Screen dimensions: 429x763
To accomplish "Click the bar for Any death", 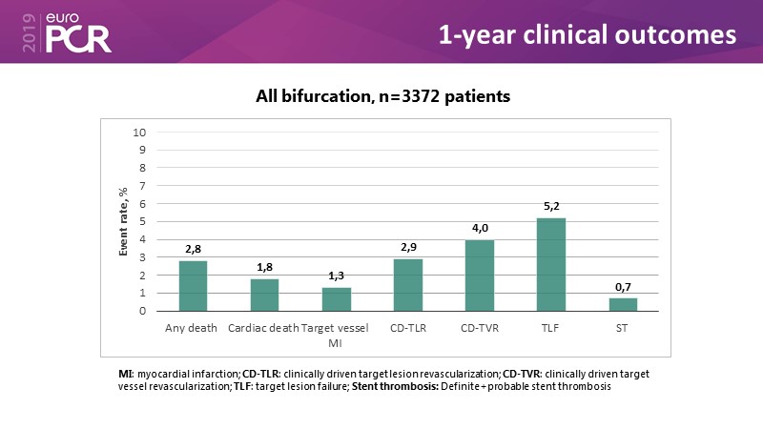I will click(x=193, y=286).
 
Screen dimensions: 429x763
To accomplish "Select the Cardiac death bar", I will click(x=264, y=295).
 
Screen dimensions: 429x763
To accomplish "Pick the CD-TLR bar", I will click(x=408, y=285).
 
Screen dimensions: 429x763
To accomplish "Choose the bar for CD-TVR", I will click(x=480, y=276).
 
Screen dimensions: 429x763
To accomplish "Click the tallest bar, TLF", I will click(x=551, y=264).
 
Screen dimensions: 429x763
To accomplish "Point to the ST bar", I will click(x=623, y=304).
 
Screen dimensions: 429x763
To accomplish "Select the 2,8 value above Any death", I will click(x=193, y=251).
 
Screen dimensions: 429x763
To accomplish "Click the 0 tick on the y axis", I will click(x=142, y=311).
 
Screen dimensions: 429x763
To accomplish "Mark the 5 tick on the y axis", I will click(x=142, y=221).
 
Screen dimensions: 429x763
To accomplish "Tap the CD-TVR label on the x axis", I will click(x=480, y=329).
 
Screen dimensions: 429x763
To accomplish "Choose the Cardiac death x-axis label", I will click(x=264, y=329).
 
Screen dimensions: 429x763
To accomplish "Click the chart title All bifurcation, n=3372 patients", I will click(x=381, y=95).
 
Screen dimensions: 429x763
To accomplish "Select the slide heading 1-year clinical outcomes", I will click(x=587, y=35).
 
